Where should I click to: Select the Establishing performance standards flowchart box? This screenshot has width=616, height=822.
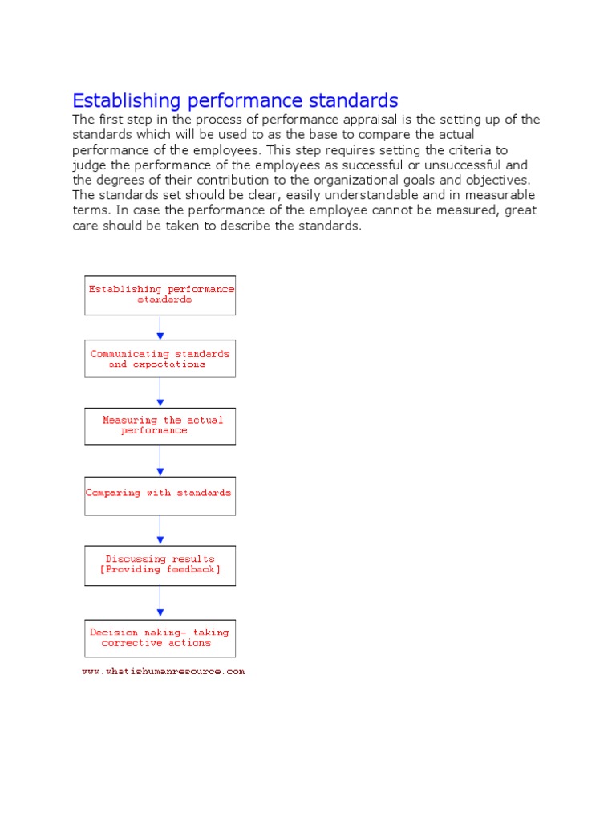pyautogui.click(x=160, y=295)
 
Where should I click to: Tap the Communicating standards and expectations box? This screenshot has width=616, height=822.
pyautogui.click(x=160, y=359)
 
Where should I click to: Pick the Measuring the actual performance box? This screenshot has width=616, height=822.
pyautogui.click(x=160, y=425)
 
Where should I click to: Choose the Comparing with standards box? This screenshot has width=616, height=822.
pyautogui.click(x=160, y=494)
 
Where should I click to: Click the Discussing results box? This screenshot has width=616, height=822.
pyautogui.click(x=160, y=564)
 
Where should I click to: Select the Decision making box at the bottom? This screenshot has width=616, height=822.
pyautogui.click(x=160, y=637)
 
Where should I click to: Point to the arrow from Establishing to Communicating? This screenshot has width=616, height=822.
pyautogui.click(x=160, y=328)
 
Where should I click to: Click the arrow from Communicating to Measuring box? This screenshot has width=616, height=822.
pyautogui.click(x=160, y=393)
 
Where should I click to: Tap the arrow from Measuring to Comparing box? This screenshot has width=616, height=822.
pyautogui.click(x=160, y=461)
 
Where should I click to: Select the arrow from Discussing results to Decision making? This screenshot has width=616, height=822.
pyautogui.click(x=160, y=600)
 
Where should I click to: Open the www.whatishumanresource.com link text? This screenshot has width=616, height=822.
pyautogui.click(x=163, y=671)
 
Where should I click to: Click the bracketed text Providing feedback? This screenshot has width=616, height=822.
pyautogui.click(x=160, y=570)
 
